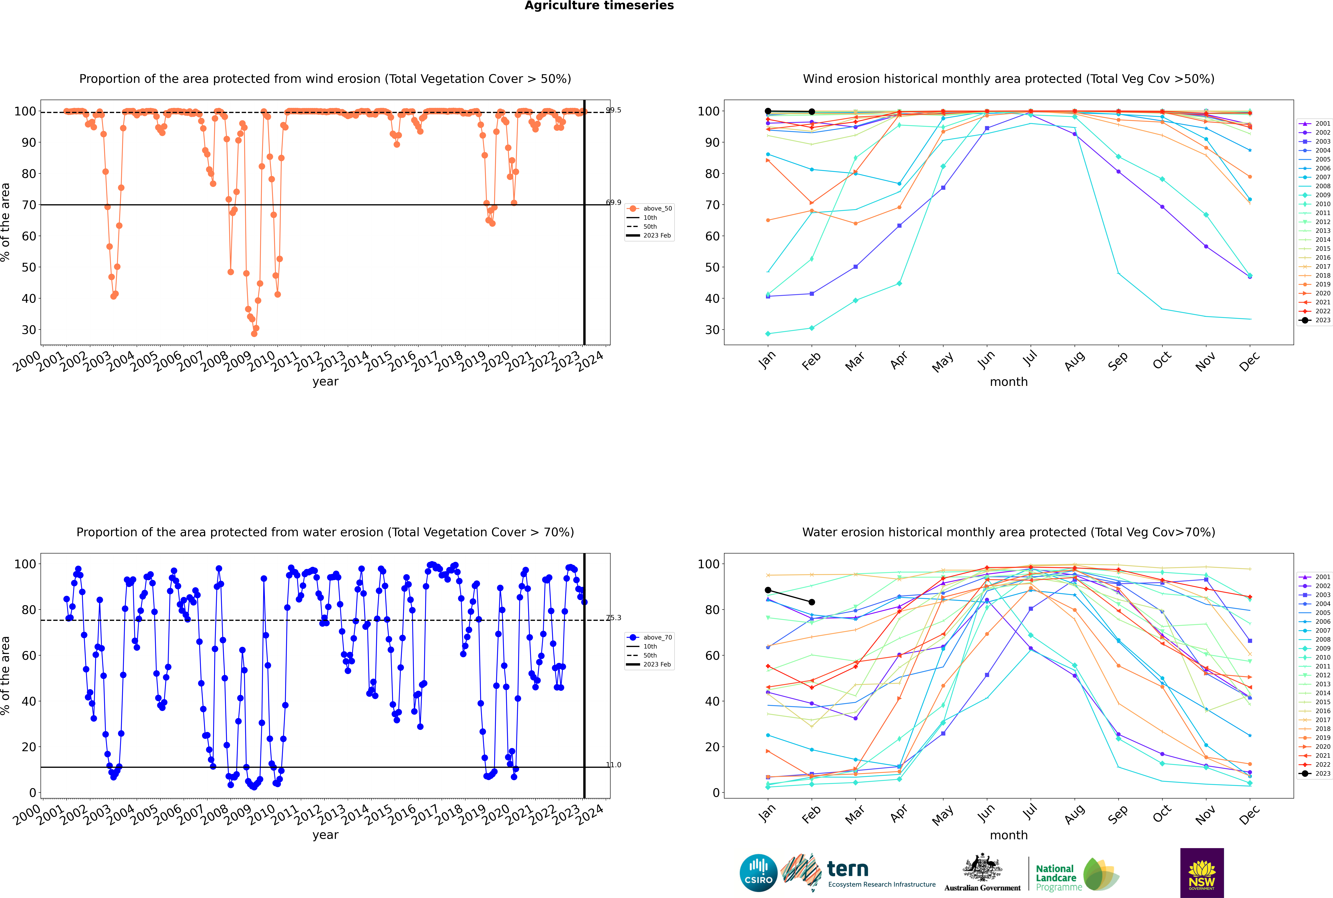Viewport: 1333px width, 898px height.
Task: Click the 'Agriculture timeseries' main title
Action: tap(599, 6)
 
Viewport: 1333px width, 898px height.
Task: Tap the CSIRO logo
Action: tap(758, 873)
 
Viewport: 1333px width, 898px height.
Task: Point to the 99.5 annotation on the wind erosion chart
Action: tap(613, 110)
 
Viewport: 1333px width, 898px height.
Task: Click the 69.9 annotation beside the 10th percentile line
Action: tap(613, 202)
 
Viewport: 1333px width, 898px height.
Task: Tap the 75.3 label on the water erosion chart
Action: tap(613, 617)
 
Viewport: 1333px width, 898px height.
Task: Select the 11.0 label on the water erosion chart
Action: tap(613, 765)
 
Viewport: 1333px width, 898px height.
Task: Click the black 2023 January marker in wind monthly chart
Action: tap(768, 111)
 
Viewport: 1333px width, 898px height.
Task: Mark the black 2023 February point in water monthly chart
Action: tap(811, 602)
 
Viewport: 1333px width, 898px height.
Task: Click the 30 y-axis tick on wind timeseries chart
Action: tap(29, 330)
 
